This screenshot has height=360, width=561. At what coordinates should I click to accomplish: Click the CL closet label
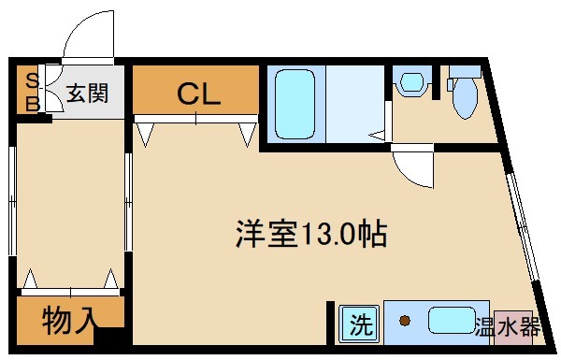coord(198,94)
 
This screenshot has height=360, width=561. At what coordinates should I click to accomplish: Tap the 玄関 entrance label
coord(87,94)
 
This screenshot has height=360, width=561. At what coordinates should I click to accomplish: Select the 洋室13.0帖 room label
coord(310,233)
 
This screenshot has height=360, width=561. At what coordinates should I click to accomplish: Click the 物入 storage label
coord(69,321)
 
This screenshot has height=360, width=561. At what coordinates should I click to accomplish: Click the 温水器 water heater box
coord(508,326)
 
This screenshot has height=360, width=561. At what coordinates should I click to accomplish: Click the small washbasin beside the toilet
coord(409,84)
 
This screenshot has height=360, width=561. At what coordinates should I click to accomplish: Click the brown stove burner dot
coord(405,323)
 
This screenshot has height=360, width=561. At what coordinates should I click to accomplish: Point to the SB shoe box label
coord(32,91)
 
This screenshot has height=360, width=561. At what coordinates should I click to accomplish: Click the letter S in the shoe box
coord(32,79)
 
